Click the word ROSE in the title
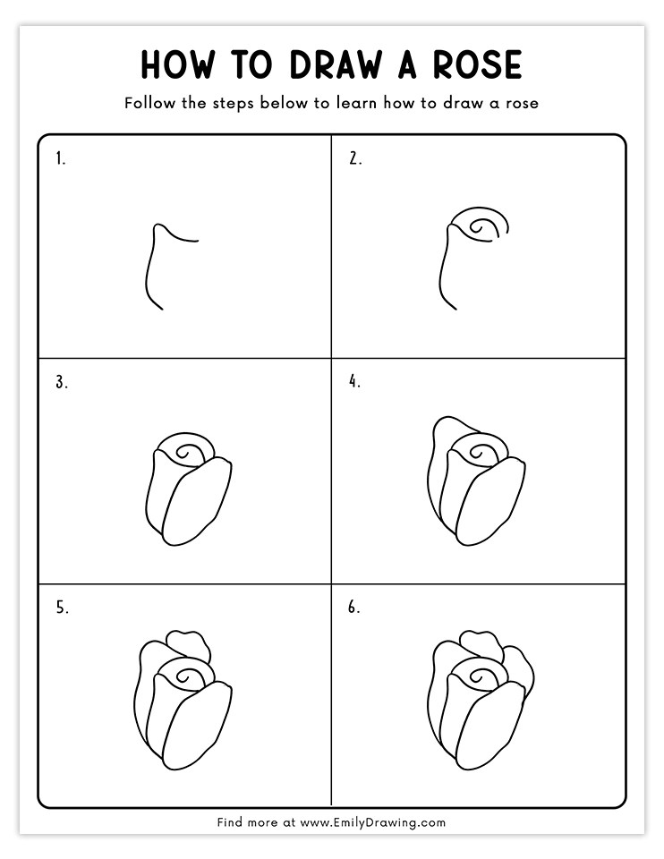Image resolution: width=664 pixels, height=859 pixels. coord(477,64)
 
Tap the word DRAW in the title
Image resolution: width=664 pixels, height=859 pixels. coord(336,64)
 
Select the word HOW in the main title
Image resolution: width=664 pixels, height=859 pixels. coord(177,64)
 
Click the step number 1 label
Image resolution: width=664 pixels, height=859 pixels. coord(60,159)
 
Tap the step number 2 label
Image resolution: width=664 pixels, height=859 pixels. coord(355,159)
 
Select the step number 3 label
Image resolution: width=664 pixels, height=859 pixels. coord(62,382)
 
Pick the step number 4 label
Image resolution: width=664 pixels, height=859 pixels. coord(355,382)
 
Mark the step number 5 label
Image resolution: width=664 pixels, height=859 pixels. coord(62,608)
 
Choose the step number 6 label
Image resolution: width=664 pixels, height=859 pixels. coord(354,608)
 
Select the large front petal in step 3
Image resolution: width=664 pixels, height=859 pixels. coord(197,502)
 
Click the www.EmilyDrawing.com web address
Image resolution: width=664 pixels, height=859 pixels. coord(372,822)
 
